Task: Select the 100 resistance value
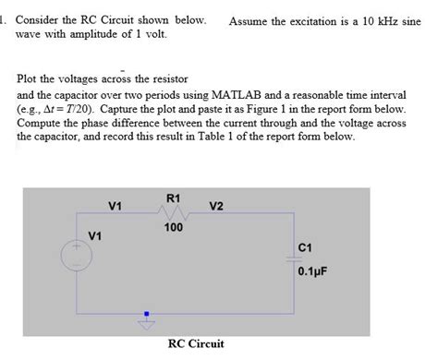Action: point(174,227)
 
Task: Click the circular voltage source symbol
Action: point(74,257)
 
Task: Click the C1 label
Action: point(309,247)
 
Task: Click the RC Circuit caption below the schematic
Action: point(196,343)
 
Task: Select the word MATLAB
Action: point(256,95)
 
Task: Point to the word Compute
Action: point(42,122)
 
